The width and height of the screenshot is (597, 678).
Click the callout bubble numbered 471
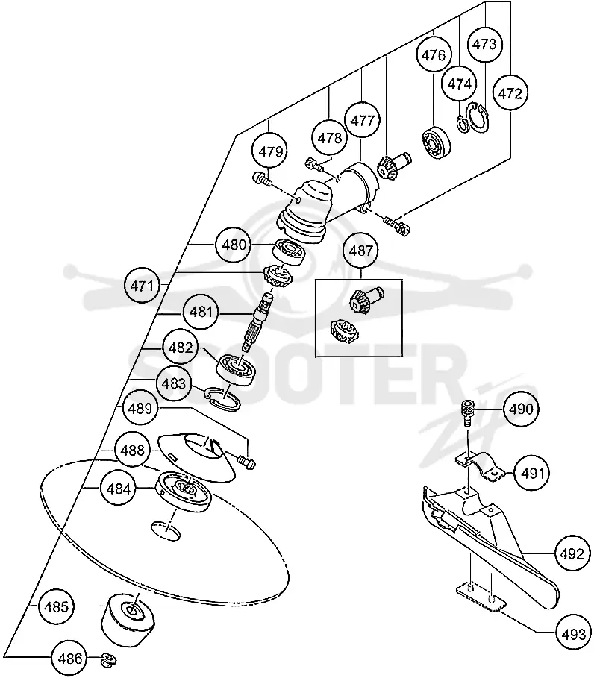pyautogui.click(x=142, y=286)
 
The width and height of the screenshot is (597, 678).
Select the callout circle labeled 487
pyautogui.click(x=360, y=251)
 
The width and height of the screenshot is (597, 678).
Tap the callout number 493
pyautogui.click(x=573, y=634)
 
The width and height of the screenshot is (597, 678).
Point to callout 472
pyautogui.click(x=510, y=93)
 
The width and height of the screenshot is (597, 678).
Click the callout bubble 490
pyautogui.click(x=521, y=409)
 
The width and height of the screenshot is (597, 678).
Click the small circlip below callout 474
pyautogui.click(x=463, y=124)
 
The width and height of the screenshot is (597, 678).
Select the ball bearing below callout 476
pyautogui.click(x=436, y=142)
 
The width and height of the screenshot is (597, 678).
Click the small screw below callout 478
pyautogui.click(x=314, y=165)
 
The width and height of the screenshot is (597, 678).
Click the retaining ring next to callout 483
pyautogui.click(x=222, y=398)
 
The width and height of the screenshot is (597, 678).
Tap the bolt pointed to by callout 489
pyautogui.click(x=246, y=462)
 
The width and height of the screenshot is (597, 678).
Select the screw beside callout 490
pyautogui.click(x=468, y=412)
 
